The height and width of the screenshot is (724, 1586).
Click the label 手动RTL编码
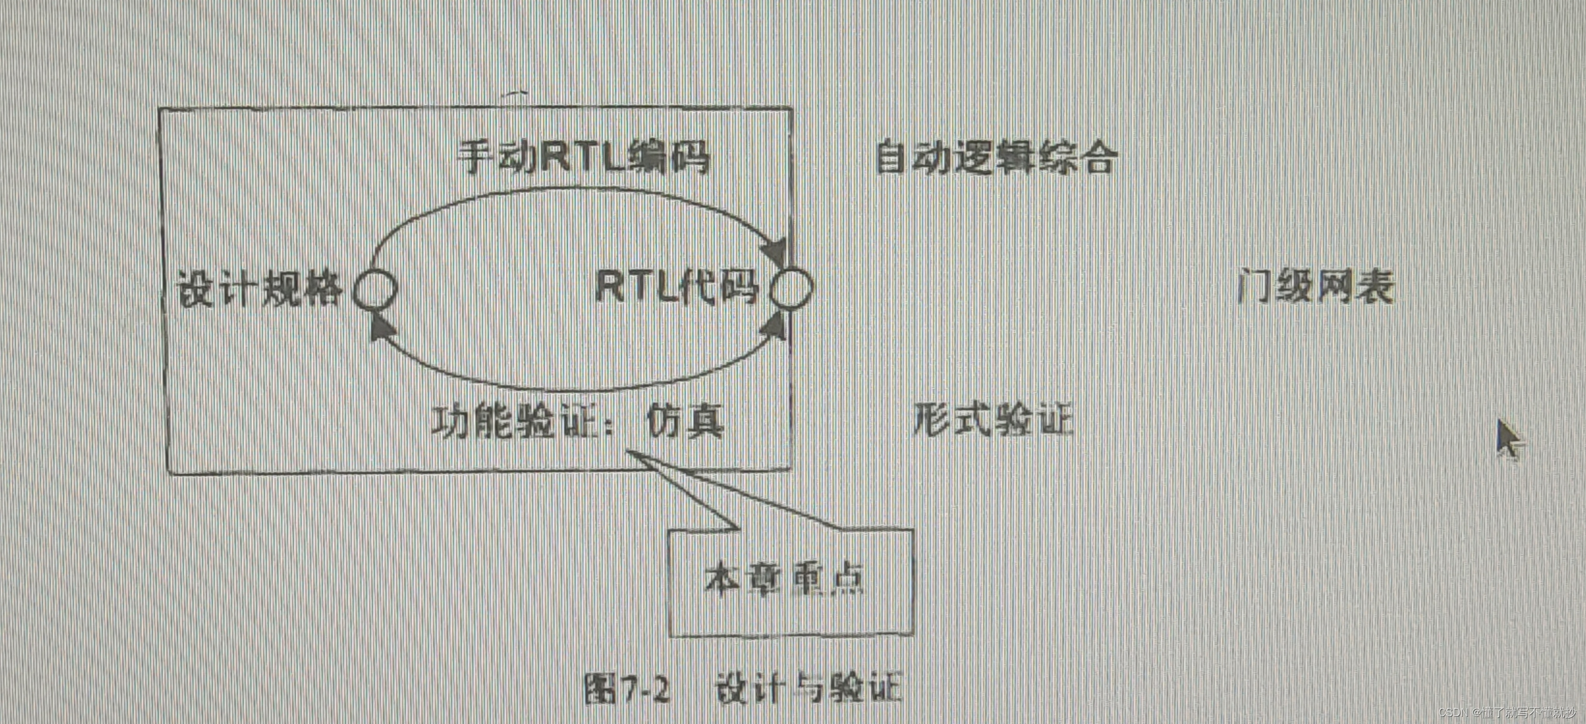point(584,158)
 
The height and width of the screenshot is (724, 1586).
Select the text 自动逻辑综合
point(995,158)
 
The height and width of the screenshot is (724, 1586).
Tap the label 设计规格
point(259,289)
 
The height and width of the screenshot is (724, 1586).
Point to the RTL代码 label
point(676,287)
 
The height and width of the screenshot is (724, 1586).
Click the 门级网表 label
point(1315,287)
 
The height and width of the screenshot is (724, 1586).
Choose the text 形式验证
point(992,420)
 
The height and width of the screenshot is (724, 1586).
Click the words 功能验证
point(514,422)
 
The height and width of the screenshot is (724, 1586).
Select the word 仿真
point(685,422)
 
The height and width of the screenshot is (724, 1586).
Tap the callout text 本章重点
point(785,579)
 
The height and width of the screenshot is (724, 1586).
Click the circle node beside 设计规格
point(375,289)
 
